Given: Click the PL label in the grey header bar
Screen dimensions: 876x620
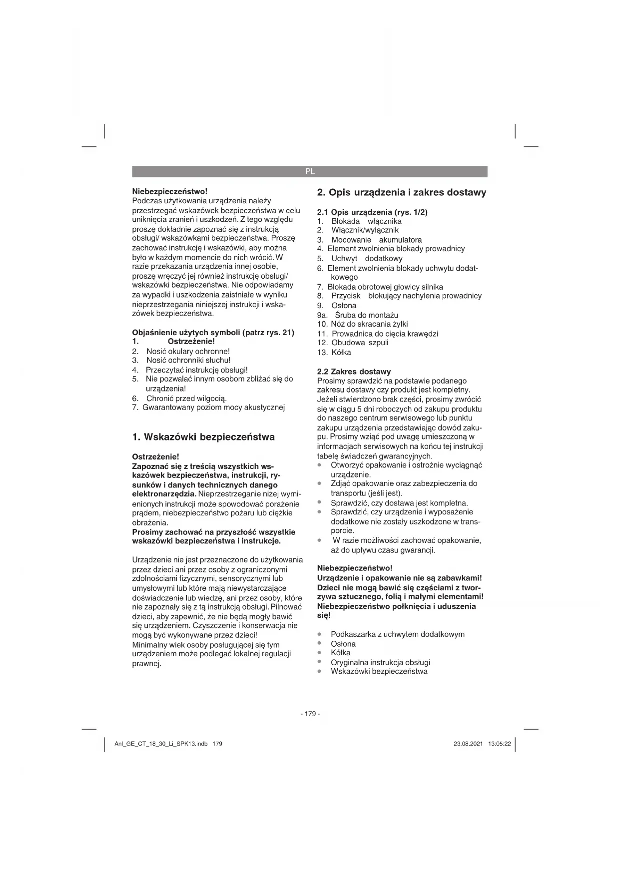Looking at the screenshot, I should click(310, 171).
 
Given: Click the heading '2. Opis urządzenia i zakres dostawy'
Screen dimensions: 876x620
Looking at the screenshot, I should click(402, 192).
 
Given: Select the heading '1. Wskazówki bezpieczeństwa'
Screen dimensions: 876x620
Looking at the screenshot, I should click(203, 437).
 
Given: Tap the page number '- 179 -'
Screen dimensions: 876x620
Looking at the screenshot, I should click(310, 714).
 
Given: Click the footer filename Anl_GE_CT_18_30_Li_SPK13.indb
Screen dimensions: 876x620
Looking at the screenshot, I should click(161, 744).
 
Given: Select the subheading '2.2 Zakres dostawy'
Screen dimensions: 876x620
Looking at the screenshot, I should click(354, 372).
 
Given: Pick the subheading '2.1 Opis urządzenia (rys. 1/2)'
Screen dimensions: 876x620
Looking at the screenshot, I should click(372, 212).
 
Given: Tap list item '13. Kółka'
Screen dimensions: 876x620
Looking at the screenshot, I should click(334, 353).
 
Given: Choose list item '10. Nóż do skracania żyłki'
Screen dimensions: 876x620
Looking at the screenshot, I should click(363, 324).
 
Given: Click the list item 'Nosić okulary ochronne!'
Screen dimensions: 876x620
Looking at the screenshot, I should click(188, 351).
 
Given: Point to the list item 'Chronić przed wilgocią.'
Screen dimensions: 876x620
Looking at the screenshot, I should click(186, 399).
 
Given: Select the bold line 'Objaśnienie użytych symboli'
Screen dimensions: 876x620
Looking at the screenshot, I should click(213, 333).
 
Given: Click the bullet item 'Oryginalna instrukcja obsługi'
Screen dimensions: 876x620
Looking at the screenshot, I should click(380, 663).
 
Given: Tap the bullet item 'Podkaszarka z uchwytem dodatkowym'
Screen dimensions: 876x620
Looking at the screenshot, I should click(397, 634).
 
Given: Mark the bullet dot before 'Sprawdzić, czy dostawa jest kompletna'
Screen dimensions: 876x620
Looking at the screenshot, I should click(319, 502).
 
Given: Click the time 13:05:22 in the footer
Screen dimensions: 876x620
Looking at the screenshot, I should click(500, 744).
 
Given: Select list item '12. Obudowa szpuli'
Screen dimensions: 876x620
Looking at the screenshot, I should click(353, 343).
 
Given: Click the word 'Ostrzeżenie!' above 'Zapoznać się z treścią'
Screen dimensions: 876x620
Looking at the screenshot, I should click(155, 456).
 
